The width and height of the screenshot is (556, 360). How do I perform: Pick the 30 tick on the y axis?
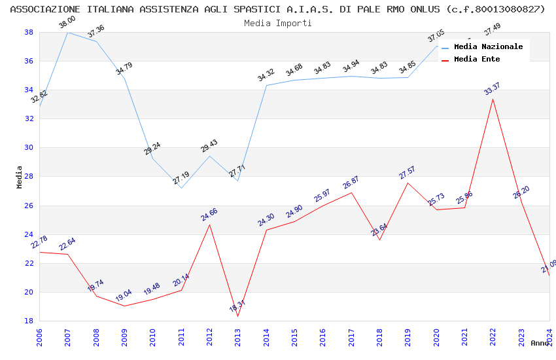tap(29, 148)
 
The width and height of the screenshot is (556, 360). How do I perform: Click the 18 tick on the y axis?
tap(29, 321)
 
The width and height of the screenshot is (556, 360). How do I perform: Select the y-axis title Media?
tap(20, 177)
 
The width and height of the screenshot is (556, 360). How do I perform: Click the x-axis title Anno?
tap(540, 343)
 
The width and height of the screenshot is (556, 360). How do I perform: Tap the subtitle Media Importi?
tap(277, 23)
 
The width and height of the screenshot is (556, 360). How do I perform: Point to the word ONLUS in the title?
tap(421, 9)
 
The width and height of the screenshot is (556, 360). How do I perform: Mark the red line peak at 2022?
tap(493, 99)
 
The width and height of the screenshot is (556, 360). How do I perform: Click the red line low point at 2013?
tap(237, 316)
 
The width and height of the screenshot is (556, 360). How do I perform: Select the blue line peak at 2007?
tap(67, 32)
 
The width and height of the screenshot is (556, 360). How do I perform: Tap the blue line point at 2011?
tap(181, 188)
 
